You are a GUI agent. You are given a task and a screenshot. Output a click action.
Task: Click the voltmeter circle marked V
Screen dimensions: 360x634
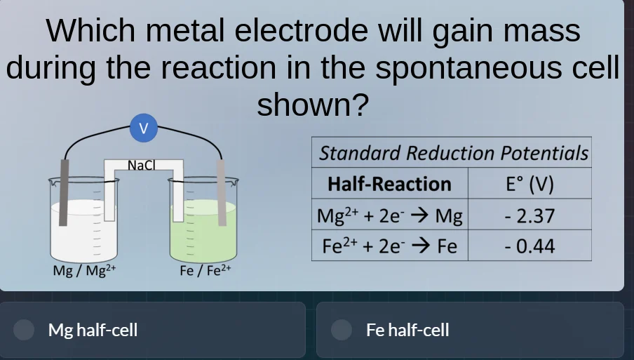click(144, 128)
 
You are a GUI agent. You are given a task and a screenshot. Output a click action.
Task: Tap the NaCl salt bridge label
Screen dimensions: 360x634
click(141, 166)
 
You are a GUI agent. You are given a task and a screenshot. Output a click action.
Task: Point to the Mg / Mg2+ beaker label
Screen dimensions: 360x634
click(84, 270)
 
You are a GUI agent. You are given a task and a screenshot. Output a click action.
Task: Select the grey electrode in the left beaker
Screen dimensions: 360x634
click(65, 193)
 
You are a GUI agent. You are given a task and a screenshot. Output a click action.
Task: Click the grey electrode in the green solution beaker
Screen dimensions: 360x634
click(222, 193)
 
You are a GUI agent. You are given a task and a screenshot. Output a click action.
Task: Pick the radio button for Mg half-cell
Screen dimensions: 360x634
click(25, 330)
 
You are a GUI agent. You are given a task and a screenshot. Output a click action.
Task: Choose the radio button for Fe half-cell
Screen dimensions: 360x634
click(342, 330)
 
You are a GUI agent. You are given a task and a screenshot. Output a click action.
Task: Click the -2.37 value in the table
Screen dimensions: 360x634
click(530, 215)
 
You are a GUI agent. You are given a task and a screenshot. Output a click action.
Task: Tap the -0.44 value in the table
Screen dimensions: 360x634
click(530, 246)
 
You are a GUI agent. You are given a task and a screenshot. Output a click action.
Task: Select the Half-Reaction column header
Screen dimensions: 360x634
click(389, 184)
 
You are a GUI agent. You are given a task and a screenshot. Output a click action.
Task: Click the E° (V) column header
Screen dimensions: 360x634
click(530, 184)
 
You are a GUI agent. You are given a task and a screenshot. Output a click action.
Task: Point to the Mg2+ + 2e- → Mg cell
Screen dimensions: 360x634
click(389, 215)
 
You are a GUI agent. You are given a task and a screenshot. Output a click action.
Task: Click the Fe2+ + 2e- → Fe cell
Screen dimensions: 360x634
click(389, 246)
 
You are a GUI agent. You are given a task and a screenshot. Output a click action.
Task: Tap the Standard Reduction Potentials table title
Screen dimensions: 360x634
click(453, 153)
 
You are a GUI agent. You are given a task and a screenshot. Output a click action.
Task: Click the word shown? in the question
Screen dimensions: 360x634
click(313, 105)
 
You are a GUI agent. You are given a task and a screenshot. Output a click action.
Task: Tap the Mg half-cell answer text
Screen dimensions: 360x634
click(93, 330)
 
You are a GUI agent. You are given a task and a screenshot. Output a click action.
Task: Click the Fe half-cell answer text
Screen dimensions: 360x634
click(407, 330)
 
